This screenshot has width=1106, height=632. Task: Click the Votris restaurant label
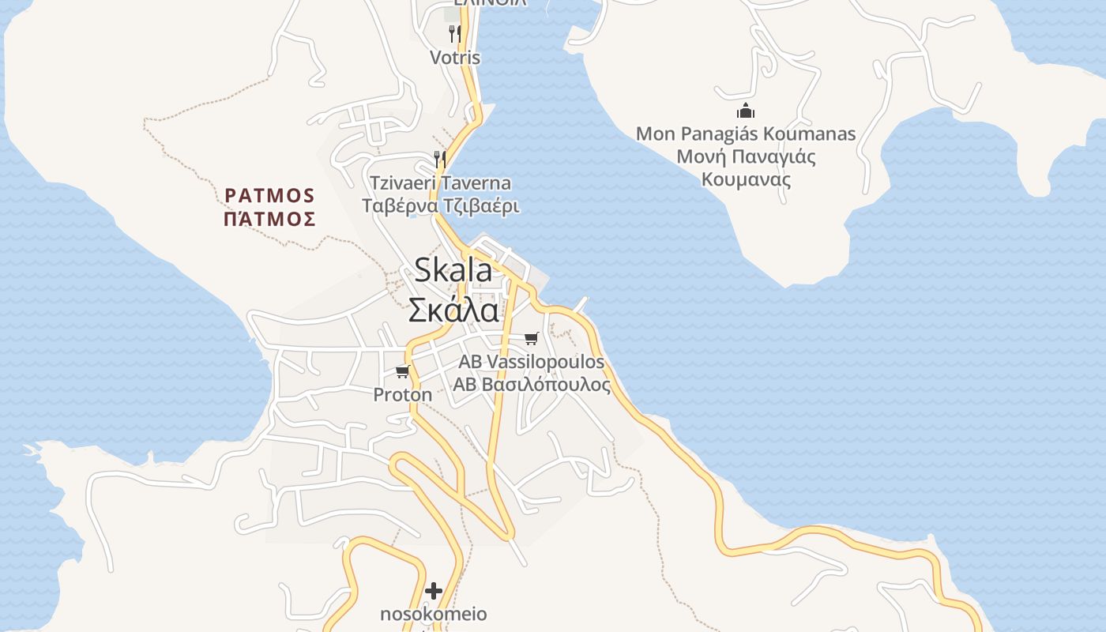(x=455, y=58)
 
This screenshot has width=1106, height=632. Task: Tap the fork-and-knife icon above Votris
(x=455, y=33)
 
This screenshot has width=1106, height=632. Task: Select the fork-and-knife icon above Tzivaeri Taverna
(x=440, y=159)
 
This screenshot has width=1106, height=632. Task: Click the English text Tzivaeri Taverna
(x=441, y=183)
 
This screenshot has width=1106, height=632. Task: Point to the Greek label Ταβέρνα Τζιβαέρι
(x=441, y=206)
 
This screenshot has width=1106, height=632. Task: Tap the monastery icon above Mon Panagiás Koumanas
(x=745, y=111)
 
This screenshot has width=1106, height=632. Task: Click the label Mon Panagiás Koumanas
(x=746, y=134)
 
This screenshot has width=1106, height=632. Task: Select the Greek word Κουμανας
(x=746, y=179)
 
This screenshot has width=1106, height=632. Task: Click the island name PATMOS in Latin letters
(x=270, y=195)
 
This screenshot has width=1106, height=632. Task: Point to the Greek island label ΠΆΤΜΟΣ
(x=270, y=219)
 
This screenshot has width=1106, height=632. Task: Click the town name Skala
(x=453, y=270)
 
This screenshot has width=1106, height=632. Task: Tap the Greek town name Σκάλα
(x=453, y=310)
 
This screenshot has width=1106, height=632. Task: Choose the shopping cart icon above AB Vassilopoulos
(x=532, y=339)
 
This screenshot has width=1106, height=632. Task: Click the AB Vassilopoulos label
(x=532, y=362)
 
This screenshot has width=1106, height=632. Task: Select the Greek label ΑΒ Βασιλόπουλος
(x=532, y=385)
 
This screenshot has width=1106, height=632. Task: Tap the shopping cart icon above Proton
(x=403, y=371)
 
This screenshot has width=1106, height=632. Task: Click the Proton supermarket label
(x=403, y=394)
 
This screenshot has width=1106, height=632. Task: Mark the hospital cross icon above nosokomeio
(x=434, y=591)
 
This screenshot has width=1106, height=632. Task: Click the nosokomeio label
(x=434, y=614)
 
